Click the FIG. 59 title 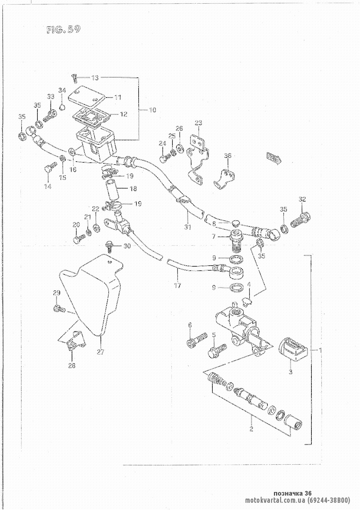(63, 30)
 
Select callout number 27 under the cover (100, 352)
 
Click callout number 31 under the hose (188, 227)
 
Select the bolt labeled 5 (217, 350)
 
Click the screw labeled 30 (108, 246)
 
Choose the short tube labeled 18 (112, 189)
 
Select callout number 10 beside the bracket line (152, 109)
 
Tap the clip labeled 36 (226, 177)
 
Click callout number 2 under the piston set (251, 429)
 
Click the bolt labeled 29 (59, 308)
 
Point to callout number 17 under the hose (177, 285)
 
